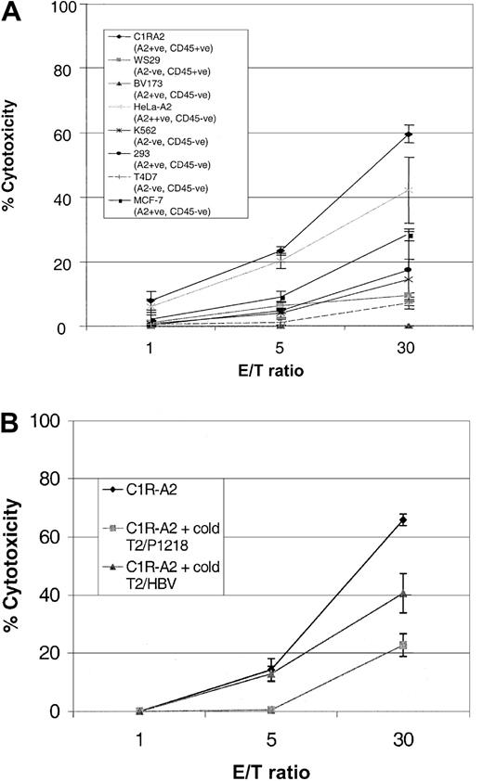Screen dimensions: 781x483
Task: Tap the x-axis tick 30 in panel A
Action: click(409, 350)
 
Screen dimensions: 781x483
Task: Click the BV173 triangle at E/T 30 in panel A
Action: click(409, 326)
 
